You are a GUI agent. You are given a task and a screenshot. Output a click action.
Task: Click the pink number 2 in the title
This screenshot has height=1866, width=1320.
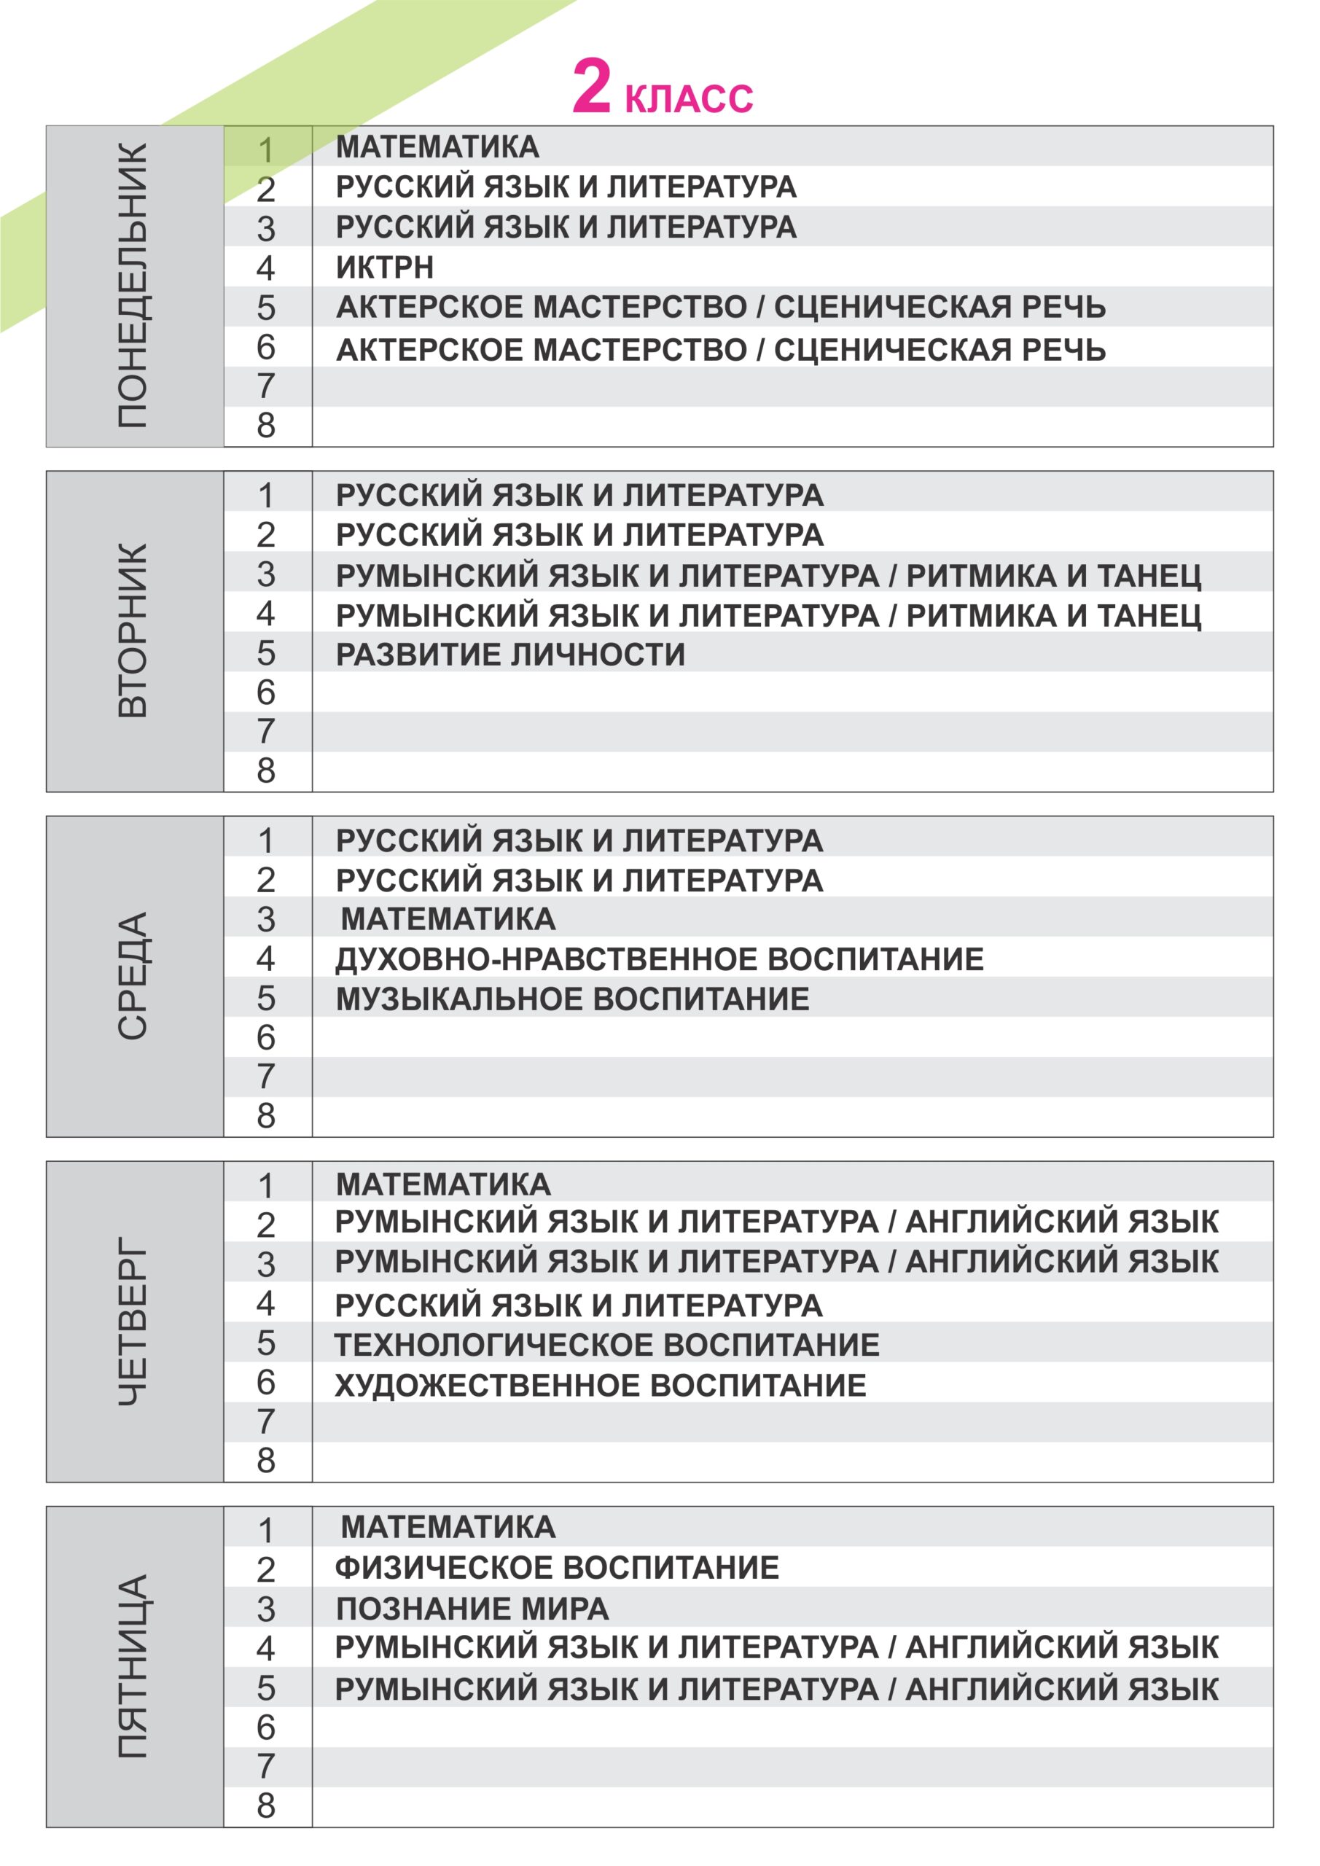pyautogui.click(x=591, y=87)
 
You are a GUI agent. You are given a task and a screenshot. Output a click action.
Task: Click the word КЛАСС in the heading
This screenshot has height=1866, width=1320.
pyautogui.click(x=689, y=98)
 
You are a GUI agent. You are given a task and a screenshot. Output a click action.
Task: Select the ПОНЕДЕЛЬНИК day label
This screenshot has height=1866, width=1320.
pyautogui.click(x=133, y=286)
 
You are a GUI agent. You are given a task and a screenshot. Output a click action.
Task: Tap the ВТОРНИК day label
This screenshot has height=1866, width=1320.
pyautogui.click(x=133, y=631)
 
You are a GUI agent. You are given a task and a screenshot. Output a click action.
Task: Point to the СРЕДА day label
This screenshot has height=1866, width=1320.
pyautogui.click(x=133, y=975)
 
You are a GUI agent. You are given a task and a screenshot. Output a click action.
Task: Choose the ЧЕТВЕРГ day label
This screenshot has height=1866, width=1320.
pyautogui.click(x=133, y=1321)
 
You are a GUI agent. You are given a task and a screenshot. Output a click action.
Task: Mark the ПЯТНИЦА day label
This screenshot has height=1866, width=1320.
pyautogui.click(x=133, y=1667)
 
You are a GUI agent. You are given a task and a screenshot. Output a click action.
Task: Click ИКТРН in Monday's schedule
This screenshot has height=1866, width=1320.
pyautogui.click(x=384, y=268)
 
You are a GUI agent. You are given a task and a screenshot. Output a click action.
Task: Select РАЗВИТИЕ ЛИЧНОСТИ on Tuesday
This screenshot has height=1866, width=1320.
pyautogui.click(x=510, y=655)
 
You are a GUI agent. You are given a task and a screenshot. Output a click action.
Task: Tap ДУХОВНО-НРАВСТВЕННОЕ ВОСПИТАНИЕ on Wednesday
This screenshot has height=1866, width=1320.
pyautogui.click(x=659, y=959)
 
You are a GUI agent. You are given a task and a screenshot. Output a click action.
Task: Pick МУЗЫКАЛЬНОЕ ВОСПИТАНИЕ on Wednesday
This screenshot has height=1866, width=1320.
pyautogui.click(x=572, y=999)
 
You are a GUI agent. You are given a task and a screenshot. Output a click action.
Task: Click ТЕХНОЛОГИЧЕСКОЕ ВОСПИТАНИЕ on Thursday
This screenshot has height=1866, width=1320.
pyautogui.click(x=606, y=1344)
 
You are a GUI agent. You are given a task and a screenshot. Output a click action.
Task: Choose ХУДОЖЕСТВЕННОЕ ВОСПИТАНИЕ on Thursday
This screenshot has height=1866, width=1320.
pyautogui.click(x=600, y=1385)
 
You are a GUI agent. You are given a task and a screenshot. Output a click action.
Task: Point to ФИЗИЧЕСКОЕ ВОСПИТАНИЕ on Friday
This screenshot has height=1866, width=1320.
pyautogui.click(x=557, y=1568)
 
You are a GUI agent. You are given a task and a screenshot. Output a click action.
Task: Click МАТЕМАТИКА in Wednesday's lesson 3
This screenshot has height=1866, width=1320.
pyautogui.click(x=448, y=919)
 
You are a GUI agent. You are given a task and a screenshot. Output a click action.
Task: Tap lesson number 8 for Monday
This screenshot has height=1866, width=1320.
pyautogui.click(x=266, y=426)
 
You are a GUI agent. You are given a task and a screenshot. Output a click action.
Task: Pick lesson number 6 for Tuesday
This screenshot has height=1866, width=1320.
pyautogui.click(x=266, y=692)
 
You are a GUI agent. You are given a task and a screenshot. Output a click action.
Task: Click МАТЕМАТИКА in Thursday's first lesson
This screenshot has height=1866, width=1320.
pyautogui.click(x=443, y=1184)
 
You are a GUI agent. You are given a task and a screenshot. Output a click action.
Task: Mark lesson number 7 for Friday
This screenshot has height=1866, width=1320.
pyautogui.click(x=266, y=1766)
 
